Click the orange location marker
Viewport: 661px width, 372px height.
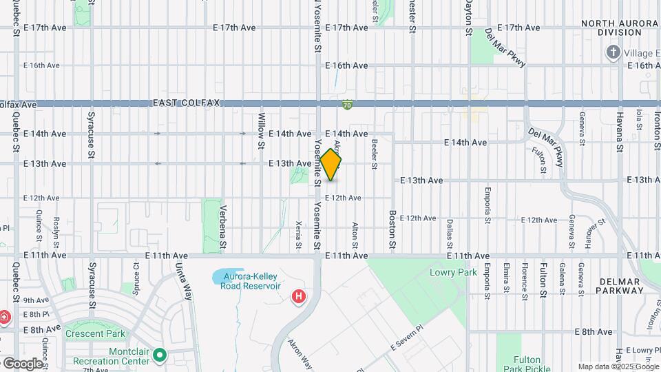point(331,165)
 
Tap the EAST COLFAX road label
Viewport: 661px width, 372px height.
point(186,103)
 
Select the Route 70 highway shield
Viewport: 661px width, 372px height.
point(348,105)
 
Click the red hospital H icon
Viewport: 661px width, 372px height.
point(299,297)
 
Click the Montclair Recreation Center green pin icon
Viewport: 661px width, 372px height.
point(160,356)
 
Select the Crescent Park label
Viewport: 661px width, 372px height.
point(96,333)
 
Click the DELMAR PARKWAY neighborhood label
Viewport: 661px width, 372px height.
point(621,286)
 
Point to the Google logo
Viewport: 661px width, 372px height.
point(23,363)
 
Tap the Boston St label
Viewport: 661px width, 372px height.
point(392,229)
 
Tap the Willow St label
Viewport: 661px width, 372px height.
point(262,131)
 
